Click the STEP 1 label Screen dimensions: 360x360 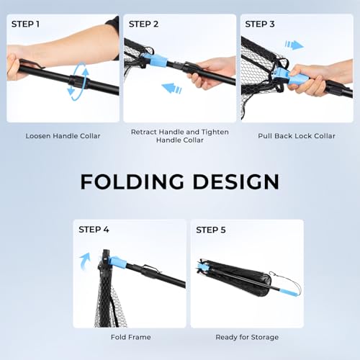point(25,24)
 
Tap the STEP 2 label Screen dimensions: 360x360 point(143,24)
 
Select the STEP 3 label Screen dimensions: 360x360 point(260,24)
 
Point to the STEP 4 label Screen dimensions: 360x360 point(94,230)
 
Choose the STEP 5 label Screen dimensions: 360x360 point(211,230)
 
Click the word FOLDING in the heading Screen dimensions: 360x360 point(132,181)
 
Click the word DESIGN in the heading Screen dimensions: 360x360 point(236,181)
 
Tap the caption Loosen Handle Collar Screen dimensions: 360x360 point(63,136)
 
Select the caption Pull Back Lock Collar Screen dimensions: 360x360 point(297,136)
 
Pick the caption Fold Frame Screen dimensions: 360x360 point(131,337)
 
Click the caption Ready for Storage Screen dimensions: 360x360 point(247,337)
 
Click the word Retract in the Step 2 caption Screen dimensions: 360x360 point(144,132)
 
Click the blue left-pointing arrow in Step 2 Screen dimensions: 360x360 point(171,89)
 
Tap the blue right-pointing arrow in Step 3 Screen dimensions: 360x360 point(294,45)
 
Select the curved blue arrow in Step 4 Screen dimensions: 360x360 point(86,261)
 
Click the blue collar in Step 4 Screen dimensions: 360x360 point(117,263)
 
